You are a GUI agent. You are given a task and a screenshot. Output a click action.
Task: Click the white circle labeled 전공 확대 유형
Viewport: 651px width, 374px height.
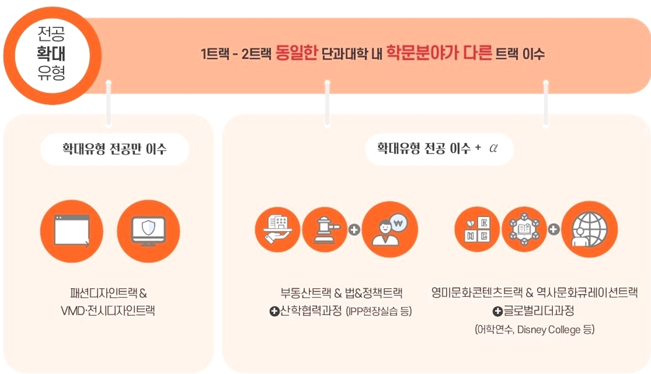pos(53,55)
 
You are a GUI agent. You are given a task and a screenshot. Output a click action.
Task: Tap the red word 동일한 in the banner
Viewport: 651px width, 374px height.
pos(297,53)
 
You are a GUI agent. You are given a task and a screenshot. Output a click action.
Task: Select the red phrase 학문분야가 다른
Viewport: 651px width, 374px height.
pos(439,53)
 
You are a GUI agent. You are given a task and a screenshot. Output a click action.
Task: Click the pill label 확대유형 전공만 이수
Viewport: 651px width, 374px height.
pos(114,149)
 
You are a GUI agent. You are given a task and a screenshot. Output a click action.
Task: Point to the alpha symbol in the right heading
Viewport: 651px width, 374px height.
pos(493,148)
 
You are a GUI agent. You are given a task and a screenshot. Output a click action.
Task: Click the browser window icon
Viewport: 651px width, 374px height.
pos(72,231)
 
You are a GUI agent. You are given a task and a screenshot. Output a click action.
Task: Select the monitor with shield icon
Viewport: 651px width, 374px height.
pos(148,231)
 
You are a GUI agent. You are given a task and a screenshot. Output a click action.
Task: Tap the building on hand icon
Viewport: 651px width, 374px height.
pos(277,229)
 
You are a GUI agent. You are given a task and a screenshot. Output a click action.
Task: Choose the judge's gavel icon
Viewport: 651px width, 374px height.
pos(325,229)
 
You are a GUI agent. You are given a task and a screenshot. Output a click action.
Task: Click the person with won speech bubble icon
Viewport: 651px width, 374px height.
pos(390,229)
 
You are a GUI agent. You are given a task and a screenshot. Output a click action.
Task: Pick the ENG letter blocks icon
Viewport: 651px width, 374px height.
pos(477,229)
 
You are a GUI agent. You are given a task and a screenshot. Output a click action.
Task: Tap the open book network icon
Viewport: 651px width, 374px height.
pos(524,229)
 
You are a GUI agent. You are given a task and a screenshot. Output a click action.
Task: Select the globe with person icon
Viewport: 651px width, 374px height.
pos(590,229)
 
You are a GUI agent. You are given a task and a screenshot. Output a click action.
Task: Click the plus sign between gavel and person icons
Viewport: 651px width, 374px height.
pos(354,229)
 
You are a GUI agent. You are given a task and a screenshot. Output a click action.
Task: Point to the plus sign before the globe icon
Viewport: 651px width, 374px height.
pos(554,229)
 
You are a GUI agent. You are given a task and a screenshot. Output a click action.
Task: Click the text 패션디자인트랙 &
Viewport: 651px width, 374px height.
pos(109,293)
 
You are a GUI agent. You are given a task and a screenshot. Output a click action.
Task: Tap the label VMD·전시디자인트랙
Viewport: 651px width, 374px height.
pos(108,311)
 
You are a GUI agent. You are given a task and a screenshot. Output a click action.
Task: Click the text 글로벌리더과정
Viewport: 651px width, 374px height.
pos(539,311)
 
